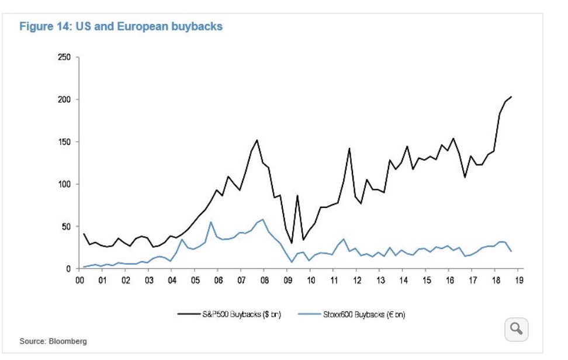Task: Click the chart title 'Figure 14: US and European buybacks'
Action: [x=121, y=27]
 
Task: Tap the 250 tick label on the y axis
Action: [x=64, y=57]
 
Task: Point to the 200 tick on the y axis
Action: [x=64, y=99]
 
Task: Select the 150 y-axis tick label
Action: [x=64, y=142]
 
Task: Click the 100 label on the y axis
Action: [x=64, y=184]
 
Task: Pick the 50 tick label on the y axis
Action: [x=66, y=226]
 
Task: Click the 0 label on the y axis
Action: [x=68, y=269]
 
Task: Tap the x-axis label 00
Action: [x=79, y=281]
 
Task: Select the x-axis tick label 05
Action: [x=195, y=281]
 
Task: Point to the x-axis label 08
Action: [x=264, y=281]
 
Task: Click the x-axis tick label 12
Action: [x=357, y=281]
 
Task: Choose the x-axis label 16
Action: [x=449, y=281]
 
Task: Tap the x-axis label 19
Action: [x=519, y=281]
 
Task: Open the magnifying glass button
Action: [x=516, y=329]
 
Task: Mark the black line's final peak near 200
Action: [x=511, y=96]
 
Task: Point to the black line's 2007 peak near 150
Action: [x=257, y=140]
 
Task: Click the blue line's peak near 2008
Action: [x=263, y=220]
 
